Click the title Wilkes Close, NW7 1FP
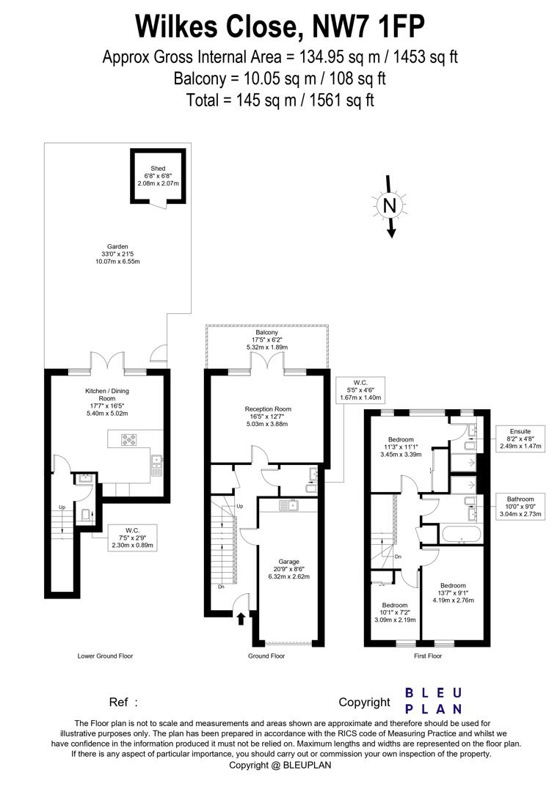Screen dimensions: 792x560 [280, 27]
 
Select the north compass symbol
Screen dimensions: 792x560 [390, 206]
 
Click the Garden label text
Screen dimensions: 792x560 [117, 254]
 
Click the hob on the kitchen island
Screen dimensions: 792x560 [129, 440]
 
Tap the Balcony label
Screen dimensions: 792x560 [266, 340]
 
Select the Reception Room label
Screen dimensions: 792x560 [268, 416]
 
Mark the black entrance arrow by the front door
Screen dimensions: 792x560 [240, 620]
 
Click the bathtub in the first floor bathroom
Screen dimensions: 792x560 [460, 534]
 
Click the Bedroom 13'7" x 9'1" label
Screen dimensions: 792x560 [453, 592]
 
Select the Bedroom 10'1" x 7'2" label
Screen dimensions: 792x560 [396, 612]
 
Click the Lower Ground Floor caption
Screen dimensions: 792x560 [106, 656]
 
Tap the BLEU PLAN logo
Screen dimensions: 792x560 [434, 700]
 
